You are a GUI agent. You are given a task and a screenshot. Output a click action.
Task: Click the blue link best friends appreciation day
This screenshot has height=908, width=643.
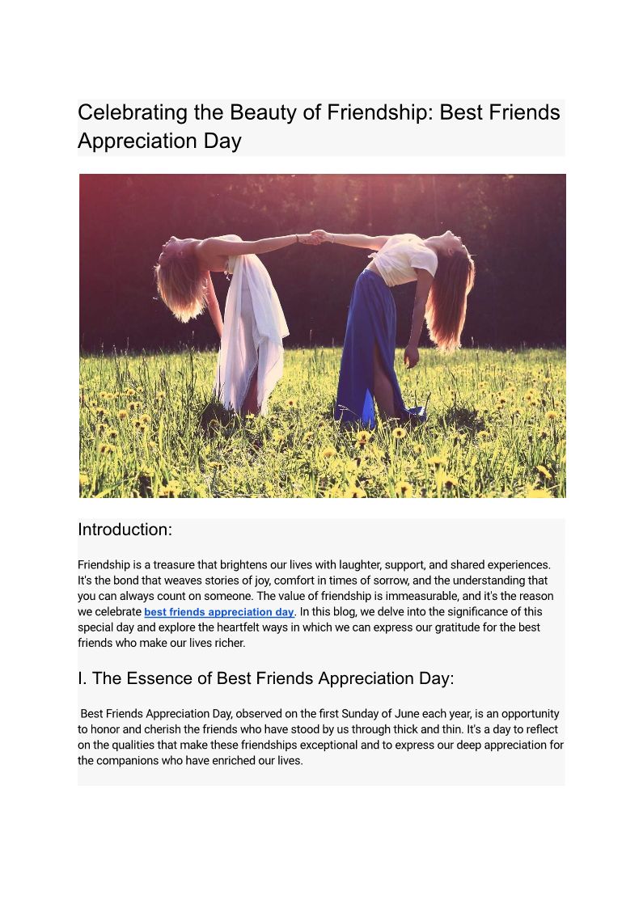click(x=219, y=612)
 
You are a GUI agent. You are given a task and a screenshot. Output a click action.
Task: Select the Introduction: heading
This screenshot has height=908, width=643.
click(x=125, y=530)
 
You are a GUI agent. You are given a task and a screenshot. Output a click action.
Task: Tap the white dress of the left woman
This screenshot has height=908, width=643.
click(x=250, y=332)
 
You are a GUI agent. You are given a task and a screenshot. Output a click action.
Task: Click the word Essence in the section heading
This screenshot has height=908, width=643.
click(x=163, y=678)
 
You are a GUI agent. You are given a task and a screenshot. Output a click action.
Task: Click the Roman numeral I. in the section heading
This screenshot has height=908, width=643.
click(x=82, y=678)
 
